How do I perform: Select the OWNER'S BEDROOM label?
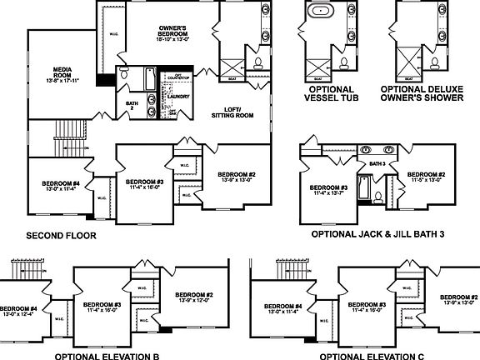(174, 32)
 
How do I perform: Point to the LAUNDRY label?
(178, 96)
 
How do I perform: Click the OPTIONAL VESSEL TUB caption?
(330, 93)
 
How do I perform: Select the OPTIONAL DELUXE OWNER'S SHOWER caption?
(421, 93)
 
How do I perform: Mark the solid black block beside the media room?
(105, 80)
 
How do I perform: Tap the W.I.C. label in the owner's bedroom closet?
(112, 34)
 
